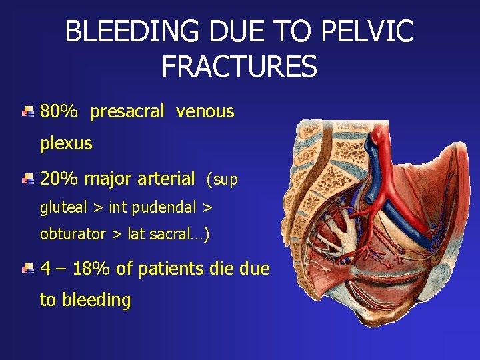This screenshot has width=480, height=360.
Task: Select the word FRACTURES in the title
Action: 239,66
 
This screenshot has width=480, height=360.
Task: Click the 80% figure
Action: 59,111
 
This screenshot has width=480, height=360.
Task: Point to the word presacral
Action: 127,111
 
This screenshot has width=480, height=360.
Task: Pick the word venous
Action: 205,111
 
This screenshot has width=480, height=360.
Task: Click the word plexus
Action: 66,143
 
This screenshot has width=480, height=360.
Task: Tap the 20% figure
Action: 59,179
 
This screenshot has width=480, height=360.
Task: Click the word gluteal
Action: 63,207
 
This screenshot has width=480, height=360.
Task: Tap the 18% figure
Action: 93,269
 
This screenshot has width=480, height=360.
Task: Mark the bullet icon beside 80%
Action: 27,111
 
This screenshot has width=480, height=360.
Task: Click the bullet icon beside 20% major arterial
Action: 27,179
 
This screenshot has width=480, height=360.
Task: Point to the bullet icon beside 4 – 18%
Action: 27,269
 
